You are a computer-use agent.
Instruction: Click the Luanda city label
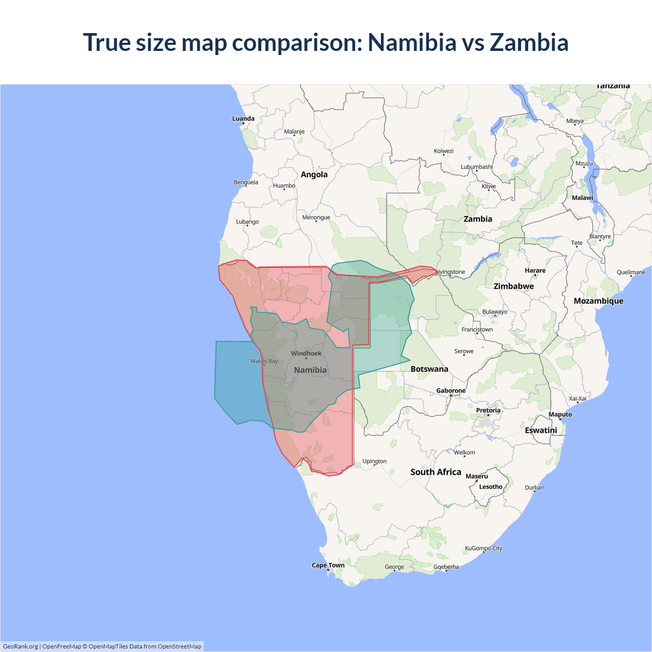[x=243, y=119]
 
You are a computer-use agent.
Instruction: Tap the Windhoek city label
[x=306, y=354]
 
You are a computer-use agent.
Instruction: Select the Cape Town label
[x=328, y=565]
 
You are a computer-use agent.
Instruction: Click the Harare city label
[x=535, y=270]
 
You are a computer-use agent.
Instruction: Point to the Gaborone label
[x=451, y=391]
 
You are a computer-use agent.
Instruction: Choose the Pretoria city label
[x=488, y=410]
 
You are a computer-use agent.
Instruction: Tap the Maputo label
[x=560, y=415]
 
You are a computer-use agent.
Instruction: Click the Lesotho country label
[x=491, y=486]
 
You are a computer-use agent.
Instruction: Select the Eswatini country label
[x=541, y=430]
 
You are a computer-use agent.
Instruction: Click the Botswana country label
[x=429, y=369]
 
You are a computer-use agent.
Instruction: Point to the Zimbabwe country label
[x=513, y=286]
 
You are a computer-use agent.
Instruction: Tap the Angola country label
[x=314, y=175]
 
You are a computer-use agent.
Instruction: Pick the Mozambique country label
[x=599, y=301]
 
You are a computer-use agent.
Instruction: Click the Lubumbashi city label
[x=476, y=167]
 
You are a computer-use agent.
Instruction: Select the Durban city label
[x=534, y=487]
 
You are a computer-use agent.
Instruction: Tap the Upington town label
[x=374, y=461]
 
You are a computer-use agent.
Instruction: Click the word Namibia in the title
[x=412, y=42]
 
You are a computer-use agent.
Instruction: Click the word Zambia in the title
[x=529, y=42]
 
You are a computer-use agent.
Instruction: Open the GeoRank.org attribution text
[x=20, y=646]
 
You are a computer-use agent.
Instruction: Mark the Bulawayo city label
[x=495, y=312]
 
